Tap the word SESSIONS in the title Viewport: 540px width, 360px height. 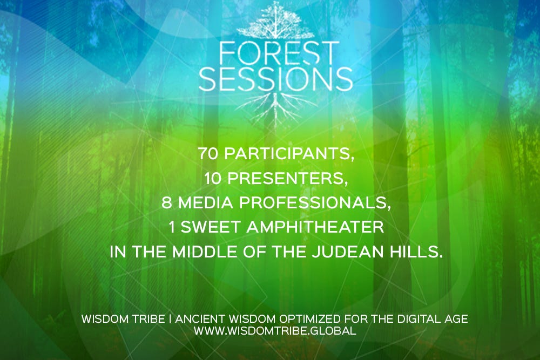click(x=275, y=79)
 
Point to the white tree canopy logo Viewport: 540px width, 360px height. click(x=275, y=21)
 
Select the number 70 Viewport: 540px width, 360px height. click(x=208, y=153)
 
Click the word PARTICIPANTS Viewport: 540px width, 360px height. click(x=289, y=154)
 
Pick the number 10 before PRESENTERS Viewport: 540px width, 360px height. click(x=212, y=178)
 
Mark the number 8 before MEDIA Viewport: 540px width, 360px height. click(x=167, y=203)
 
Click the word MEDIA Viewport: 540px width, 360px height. click(x=206, y=203)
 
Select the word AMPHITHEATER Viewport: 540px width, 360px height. click(x=315, y=227)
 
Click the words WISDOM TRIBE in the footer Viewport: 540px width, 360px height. click(x=123, y=318)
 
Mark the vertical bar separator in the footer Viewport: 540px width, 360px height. click(x=170, y=318)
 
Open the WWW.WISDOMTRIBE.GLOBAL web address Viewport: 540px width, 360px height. click(x=275, y=331)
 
